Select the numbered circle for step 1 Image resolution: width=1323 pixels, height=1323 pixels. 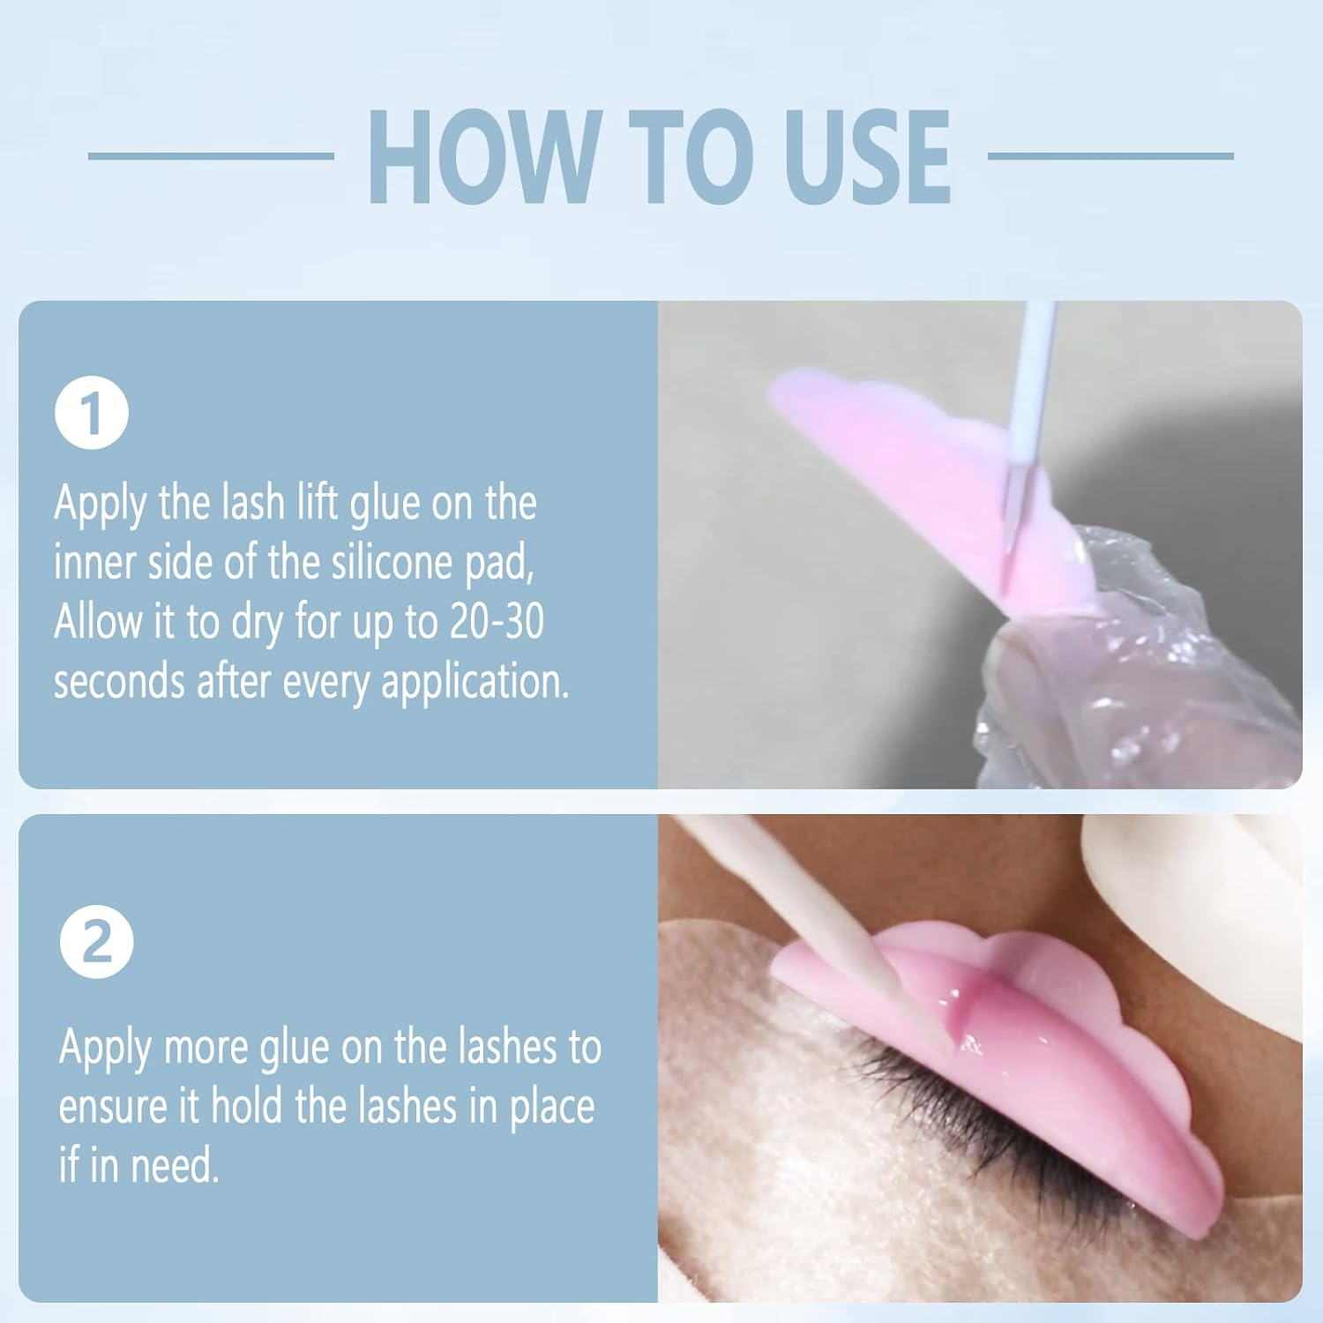coord(92,413)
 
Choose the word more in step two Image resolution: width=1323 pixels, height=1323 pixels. coord(206,1048)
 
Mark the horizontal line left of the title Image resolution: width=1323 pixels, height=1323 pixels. coord(211,156)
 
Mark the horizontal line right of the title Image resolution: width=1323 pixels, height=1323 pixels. coord(1110,156)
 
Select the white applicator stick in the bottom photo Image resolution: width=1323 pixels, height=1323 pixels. coord(794,891)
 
